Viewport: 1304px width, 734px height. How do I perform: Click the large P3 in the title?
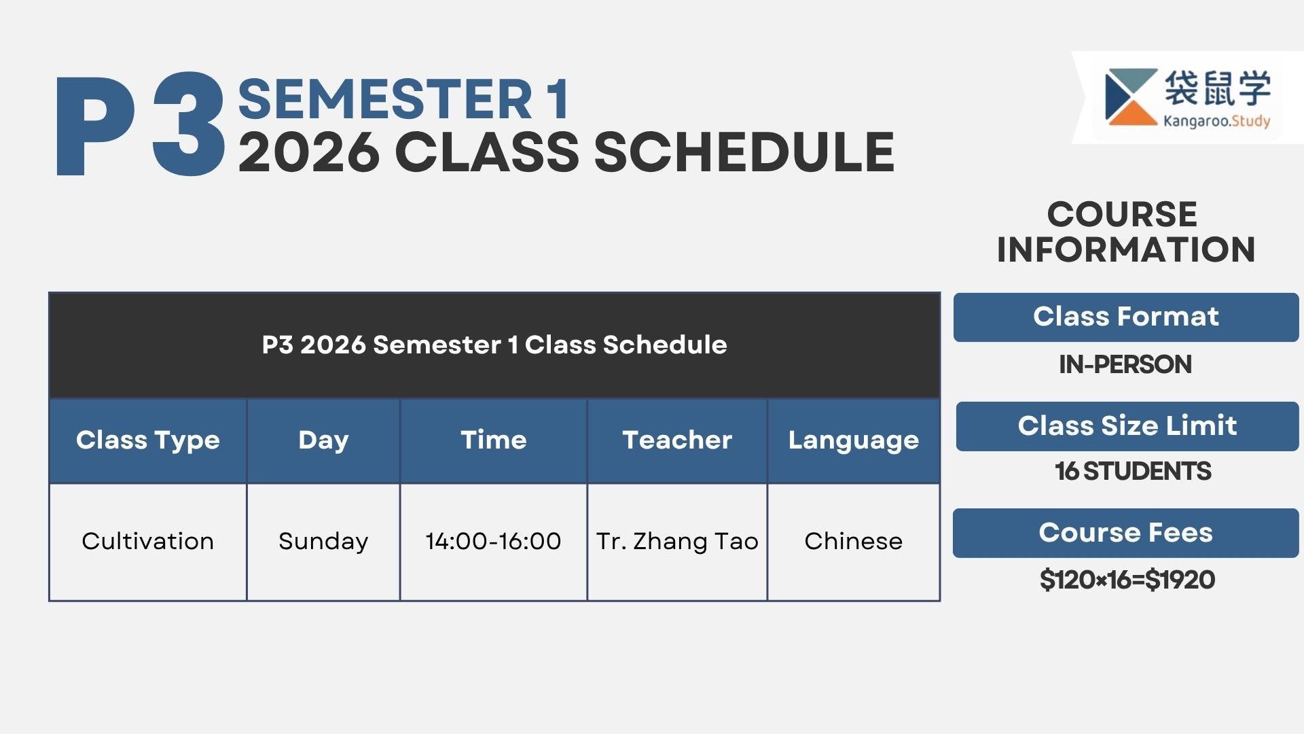click(x=140, y=124)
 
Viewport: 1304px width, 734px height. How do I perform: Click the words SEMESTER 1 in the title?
click(x=403, y=99)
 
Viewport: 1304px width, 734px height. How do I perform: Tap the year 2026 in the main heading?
click(x=309, y=152)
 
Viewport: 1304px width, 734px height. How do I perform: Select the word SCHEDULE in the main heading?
click(x=744, y=152)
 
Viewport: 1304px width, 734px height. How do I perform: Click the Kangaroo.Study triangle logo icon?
click(x=1131, y=97)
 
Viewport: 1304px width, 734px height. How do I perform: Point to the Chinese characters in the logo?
click(x=1217, y=88)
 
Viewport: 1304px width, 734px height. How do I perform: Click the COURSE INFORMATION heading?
click(x=1125, y=232)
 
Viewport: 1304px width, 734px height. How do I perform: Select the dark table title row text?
click(x=494, y=345)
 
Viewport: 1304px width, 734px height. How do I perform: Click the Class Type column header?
click(x=148, y=440)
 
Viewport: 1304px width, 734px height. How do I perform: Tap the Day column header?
click(x=323, y=440)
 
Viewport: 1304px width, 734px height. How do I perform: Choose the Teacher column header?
click(x=677, y=440)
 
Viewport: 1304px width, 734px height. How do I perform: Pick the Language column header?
click(x=854, y=440)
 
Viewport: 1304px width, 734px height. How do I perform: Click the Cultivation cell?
click(x=148, y=541)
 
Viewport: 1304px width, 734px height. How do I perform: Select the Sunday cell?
click(x=323, y=542)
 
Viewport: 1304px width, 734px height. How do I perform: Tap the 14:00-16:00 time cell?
click(x=494, y=541)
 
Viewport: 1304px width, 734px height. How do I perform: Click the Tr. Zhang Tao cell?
click(x=677, y=541)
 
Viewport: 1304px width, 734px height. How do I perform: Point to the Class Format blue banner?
click(x=1126, y=317)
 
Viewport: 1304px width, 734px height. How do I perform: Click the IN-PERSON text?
click(x=1125, y=364)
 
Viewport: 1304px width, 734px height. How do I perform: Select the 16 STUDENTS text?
click(x=1133, y=471)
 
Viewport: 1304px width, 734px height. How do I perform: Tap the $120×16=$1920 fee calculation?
click(x=1127, y=580)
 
